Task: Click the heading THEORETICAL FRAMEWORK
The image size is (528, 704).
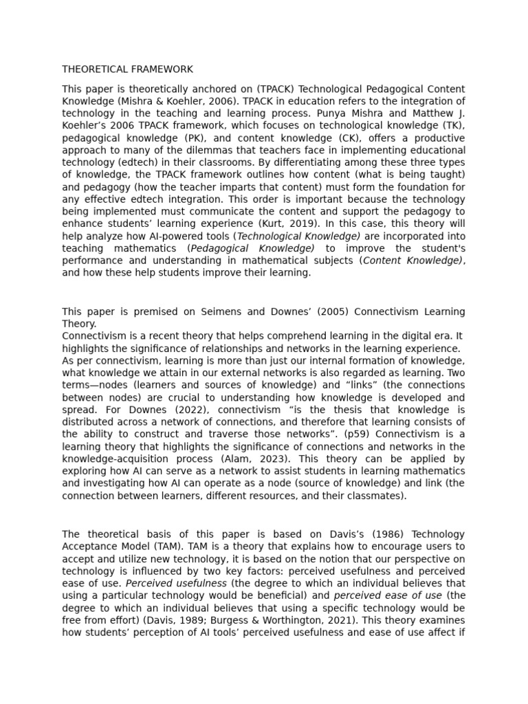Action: point(127,69)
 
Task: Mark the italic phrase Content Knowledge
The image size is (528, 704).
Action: point(411,261)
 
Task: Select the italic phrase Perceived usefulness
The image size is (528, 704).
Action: point(177,584)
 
